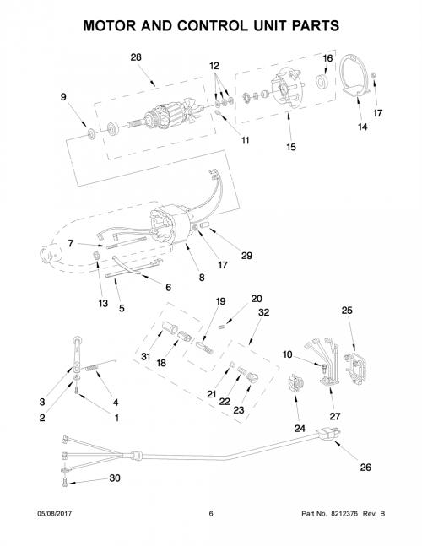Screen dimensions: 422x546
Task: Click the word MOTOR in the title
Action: [109, 26]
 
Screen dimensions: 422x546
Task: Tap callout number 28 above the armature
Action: [136, 57]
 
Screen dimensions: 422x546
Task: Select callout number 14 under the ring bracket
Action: [362, 127]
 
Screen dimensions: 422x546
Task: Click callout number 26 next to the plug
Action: [365, 467]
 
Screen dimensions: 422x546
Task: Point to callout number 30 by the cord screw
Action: [115, 478]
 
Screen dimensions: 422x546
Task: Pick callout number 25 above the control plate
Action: [347, 310]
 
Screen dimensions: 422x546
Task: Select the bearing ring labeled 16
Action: [321, 82]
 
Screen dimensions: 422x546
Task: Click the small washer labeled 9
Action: [91, 133]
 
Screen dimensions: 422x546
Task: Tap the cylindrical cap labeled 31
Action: [170, 327]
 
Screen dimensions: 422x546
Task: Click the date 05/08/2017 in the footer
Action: [54, 514]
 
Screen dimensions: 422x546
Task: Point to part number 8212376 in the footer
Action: [344, 514]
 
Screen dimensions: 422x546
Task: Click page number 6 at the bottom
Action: [211, 514]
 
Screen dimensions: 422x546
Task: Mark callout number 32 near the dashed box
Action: [263, 312]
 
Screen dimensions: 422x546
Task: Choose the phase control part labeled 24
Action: [295, 383]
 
